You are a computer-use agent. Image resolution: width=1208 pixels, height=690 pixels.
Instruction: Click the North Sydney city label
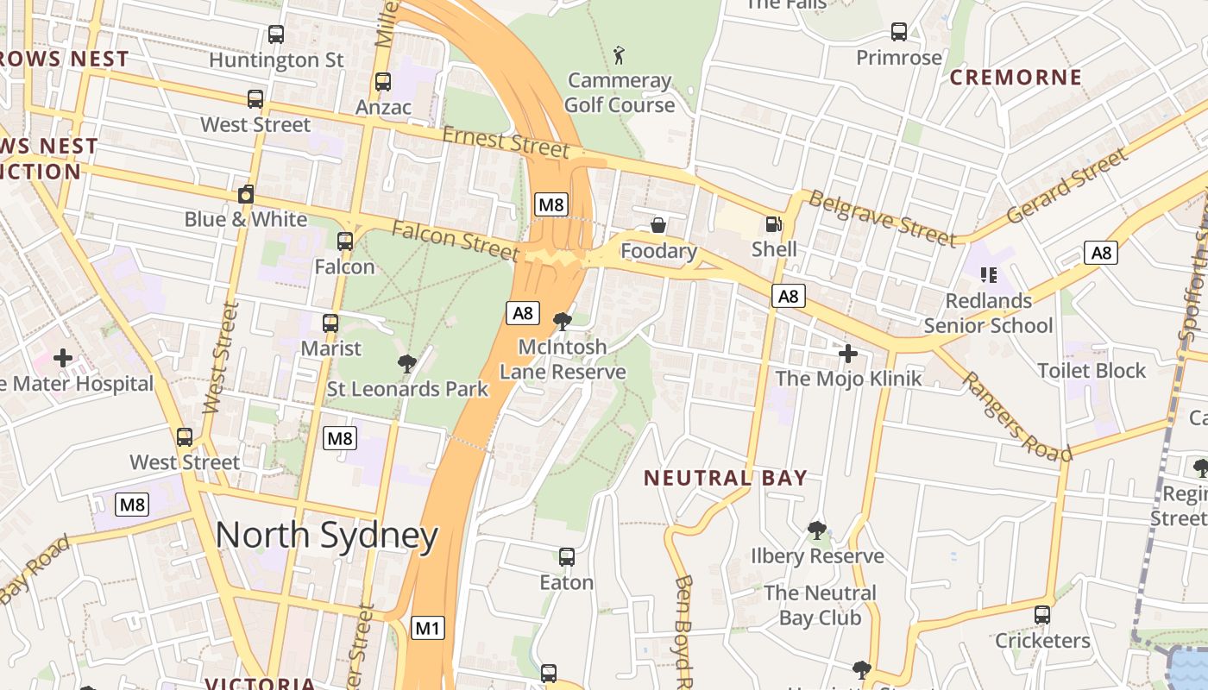coord(326,536)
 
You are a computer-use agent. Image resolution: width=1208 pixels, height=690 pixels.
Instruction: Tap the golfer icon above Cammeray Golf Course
coord(619,56)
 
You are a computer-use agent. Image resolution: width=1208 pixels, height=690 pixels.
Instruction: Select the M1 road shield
coord(428,628)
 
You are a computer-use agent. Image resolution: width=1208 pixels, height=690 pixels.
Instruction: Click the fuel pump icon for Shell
coord(773,224)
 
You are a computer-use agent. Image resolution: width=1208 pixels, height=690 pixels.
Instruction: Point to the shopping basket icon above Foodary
coord(658,226)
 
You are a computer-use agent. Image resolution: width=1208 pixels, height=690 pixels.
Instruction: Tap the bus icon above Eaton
coord(566,557)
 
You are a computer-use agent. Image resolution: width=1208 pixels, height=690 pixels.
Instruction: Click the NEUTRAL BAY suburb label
coord(726,478)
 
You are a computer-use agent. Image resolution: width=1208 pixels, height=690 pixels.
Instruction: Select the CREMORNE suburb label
coord(1016,78)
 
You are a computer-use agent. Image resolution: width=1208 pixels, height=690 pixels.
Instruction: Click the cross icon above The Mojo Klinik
coord(848,354)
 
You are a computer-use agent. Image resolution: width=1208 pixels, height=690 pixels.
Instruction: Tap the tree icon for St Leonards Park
coord(407,364)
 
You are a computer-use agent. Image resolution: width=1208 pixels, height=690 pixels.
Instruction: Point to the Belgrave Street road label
coord(883,219)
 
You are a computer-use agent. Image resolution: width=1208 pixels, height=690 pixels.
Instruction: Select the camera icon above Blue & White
coord(246,194)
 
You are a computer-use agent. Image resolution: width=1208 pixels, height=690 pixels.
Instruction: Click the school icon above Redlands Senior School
coord(988,275)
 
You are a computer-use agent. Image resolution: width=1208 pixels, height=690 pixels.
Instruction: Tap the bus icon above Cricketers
coord(1042,615)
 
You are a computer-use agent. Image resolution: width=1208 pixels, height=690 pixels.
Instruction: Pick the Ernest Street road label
coord(506,142)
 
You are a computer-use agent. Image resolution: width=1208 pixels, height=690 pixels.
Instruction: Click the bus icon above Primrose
coord(898,32)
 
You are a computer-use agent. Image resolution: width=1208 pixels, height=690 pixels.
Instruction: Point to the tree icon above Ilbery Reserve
coord(816,530)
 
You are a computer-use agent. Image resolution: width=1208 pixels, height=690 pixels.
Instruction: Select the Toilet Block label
coord(1091,371)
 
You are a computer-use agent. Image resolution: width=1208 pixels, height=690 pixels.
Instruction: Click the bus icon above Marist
coord(330,323)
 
